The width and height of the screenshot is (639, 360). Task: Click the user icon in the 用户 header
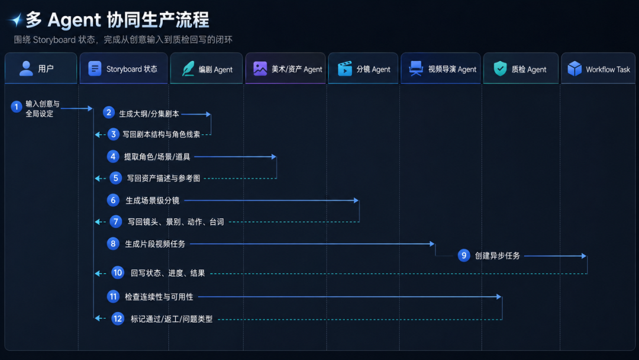click(26, 69)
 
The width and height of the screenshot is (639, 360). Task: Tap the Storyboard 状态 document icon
click(95, 69)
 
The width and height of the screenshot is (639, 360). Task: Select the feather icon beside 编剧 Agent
click(188, 69)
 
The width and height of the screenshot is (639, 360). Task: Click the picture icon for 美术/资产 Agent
click(260, 68)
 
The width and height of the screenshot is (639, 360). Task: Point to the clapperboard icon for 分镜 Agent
click(345, 69)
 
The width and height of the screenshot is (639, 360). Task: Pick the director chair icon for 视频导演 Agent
click(416, 69)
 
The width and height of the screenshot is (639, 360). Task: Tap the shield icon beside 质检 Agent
click(500, 69)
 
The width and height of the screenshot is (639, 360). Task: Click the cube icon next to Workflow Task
click(575, 69)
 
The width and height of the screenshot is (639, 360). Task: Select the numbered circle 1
click(17, 107)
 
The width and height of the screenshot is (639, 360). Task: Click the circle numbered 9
click(464, 256)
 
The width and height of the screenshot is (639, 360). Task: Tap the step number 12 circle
click(118, 319)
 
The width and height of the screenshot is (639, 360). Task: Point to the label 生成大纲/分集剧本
click(149, 114)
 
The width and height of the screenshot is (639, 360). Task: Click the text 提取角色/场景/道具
click(157, 156)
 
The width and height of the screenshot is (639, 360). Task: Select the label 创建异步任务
click(497, 256)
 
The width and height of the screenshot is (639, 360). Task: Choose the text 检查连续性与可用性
click(159, 297)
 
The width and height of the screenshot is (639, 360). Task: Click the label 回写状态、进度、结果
click(167, 273)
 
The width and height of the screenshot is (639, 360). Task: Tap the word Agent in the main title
click(74, 20)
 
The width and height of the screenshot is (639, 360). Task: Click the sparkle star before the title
click(17, 20)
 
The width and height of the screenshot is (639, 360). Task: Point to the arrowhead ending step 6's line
click(356, 201)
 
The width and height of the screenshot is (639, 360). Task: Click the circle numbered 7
click(116, 221)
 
